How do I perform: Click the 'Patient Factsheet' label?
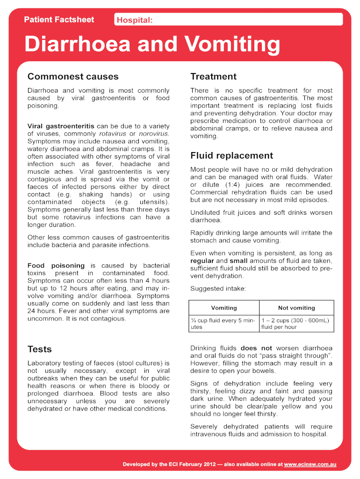pos(59,20)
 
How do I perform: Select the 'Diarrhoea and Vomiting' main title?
pos(152,44)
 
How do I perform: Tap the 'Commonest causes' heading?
pos(73,77)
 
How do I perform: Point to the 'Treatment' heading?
pos(213,77)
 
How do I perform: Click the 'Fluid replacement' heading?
pos(231,156)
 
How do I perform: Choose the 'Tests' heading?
pos(40,349)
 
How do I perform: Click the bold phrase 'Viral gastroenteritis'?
pos(61,126)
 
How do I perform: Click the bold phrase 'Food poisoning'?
pos(56,266)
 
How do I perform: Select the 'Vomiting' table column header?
pos(224,308)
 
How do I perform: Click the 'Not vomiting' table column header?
pos(296,308)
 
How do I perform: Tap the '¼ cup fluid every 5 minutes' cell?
pos(224,324)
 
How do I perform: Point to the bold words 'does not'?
pos(256,348)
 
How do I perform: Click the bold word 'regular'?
pos(202,261)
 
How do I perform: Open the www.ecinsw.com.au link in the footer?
pos(310,464)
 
